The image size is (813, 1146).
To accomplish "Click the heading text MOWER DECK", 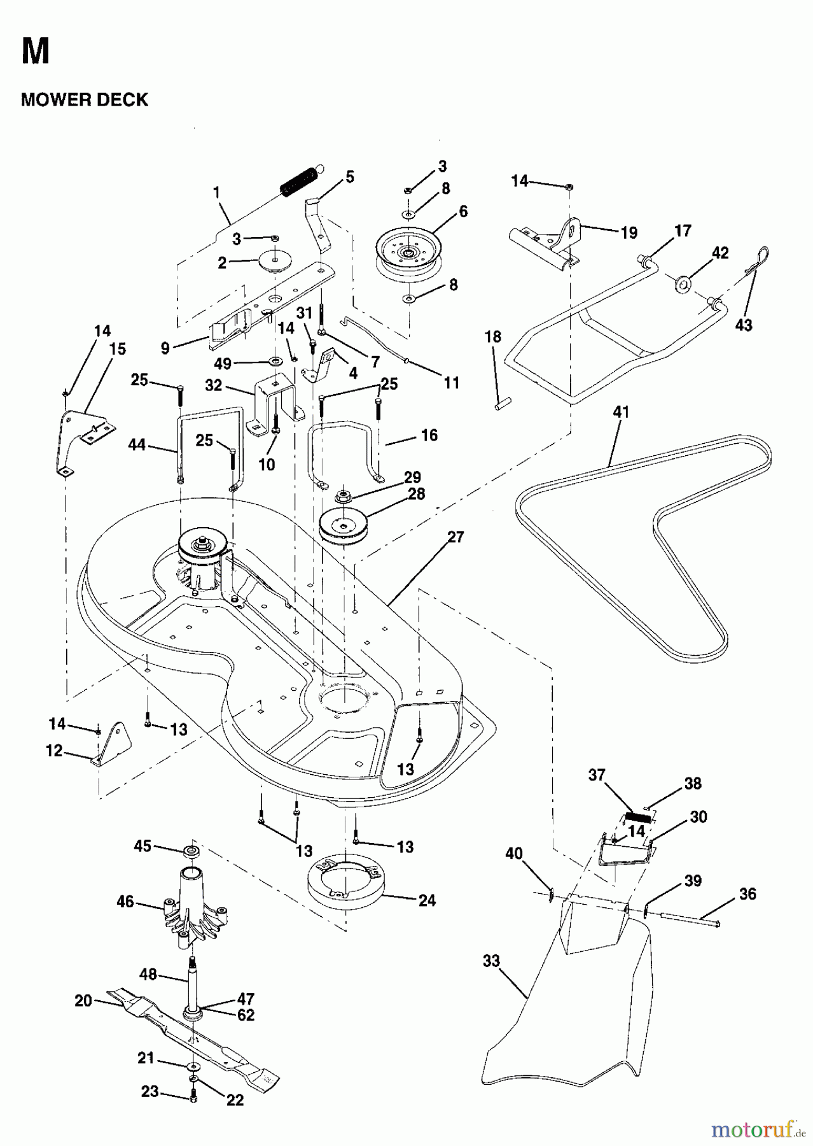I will tap(85, 99).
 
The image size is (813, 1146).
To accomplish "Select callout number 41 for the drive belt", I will tap(620, 412).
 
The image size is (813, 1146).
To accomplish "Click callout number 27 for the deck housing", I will tap(455, 537).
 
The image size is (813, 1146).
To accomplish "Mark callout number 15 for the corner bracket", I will tap(117, 349).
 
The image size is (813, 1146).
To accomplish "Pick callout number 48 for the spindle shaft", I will tap(149, 975).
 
